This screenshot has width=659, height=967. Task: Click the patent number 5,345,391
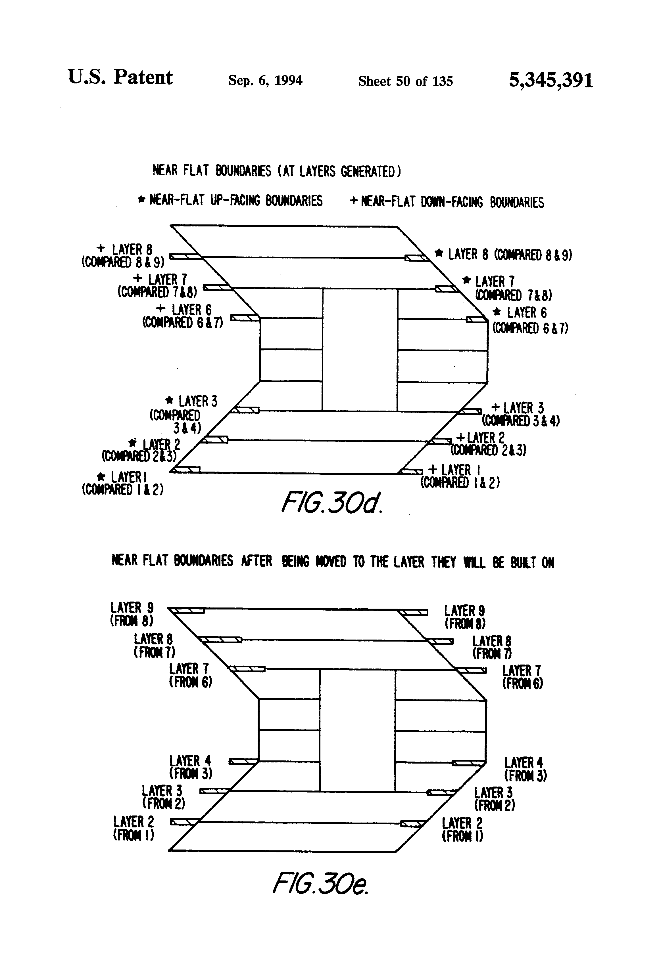pyautogui.click(x=550, y=80)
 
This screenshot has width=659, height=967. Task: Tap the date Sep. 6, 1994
pyautogui.click(x=265, y=80)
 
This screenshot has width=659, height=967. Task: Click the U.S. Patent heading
pyautogui.click(x=120, y=77)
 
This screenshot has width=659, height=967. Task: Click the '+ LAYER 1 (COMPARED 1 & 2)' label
pyautogui.click(x=460, y=476)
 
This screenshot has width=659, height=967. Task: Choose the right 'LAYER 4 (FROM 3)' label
pyautogui.click(x=525, y=769)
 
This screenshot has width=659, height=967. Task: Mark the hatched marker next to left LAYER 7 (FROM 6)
pyautogui.click(x=247, y=669)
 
